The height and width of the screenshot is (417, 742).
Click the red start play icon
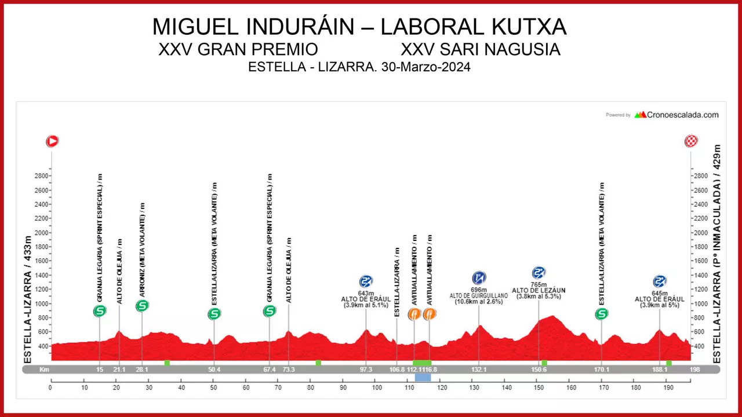(x=52, y=141)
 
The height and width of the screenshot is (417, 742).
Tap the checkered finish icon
(x=691, y=141)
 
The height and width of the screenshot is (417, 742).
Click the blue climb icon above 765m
(x=539, y=273)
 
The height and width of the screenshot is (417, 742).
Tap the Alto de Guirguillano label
(x=479, y=296)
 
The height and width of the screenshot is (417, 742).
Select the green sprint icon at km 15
(x=100, y=311)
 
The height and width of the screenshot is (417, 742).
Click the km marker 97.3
(x=366, y=370)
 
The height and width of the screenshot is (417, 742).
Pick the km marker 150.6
(x=539, y=370)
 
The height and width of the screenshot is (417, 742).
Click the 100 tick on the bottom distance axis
(x=377, y=388)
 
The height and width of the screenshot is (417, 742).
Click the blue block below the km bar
(x=423, y=377)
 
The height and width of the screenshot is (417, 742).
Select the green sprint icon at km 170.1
(x=602, y=314)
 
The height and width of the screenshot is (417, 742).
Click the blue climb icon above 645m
(x=660, y=281)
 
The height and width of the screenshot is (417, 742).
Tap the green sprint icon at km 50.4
(x=214, y=314)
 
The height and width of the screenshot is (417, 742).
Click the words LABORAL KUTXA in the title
(x=473, y=27)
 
